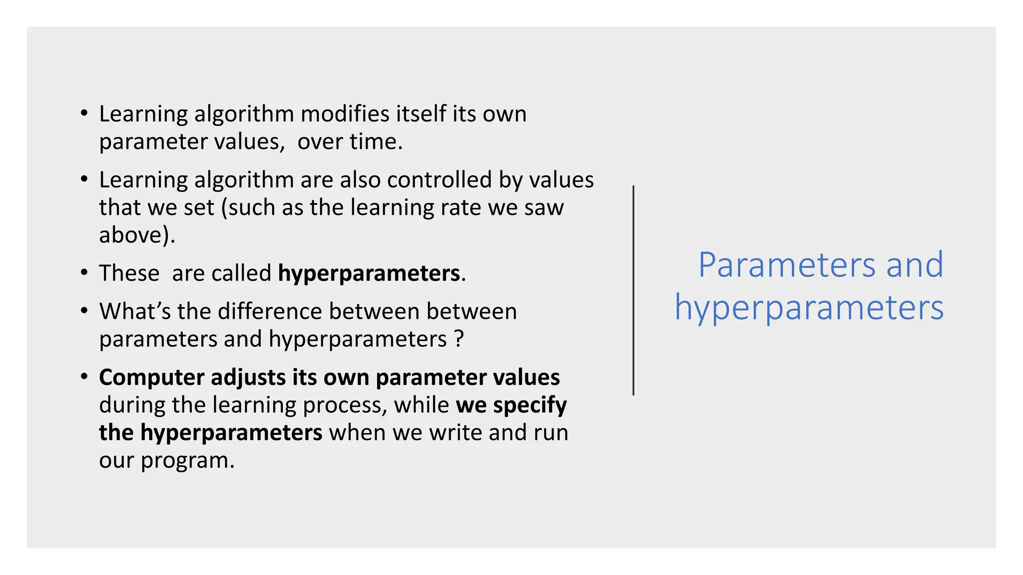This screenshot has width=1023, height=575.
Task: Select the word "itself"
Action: coord(421,114)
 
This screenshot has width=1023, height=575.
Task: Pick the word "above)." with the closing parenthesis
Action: coord(137,235)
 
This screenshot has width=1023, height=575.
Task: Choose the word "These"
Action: coord(129,273)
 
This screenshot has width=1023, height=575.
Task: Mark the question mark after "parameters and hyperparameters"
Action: coord(459,339)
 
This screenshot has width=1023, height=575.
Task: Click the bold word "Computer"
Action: coord(151,378)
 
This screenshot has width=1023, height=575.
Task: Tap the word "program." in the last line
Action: coord(187,461)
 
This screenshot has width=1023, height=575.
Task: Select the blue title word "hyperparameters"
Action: coord(809,307)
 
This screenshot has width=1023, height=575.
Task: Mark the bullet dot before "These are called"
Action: coord(84,273)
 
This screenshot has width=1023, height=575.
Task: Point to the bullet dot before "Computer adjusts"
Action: coord(84,377)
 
